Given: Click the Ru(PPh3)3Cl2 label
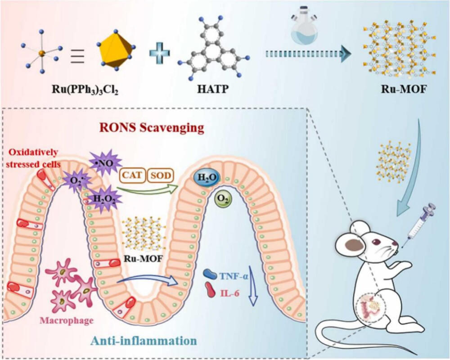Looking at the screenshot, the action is tap(85, 90).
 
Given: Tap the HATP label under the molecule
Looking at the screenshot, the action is tap(213, 89).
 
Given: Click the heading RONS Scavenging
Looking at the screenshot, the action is tap(152, 127).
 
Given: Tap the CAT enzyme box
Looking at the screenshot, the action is tap(132, 175).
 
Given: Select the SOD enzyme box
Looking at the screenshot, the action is tap(161, 175).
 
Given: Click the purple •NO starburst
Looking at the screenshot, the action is tap(102, 164).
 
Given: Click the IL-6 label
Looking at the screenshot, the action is tap(229, 293).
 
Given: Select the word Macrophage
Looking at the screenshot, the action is tap(67, 321).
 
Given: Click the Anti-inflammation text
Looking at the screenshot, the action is tap(144, 342).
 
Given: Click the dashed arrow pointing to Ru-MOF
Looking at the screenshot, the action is tap(309, 54).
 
